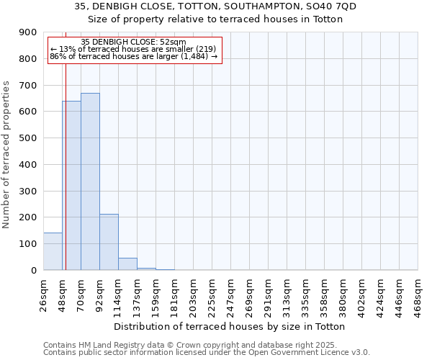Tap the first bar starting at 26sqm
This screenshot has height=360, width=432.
pyautogui.click(x=53, y=251)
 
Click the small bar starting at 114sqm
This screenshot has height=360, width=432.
pyautogui.click(x=127, y=264)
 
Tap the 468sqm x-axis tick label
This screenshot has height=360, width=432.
pyautogui.click(x=418, y=293)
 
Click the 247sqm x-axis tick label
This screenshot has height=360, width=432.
pyautogui.click(x=230, y=293)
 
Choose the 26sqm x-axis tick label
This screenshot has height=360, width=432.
pyautogui.click(x=43, y=293)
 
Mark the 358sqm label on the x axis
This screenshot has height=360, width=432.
pyautogui.click(x=324, y=293)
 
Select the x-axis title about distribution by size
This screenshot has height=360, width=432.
pyautogui.click(x=230, y=326)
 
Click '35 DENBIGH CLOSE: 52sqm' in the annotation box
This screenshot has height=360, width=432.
pyautogui.click(x=134, y=42)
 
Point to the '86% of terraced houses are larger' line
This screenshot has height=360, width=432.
pyautogui.click(x=134, y=56)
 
